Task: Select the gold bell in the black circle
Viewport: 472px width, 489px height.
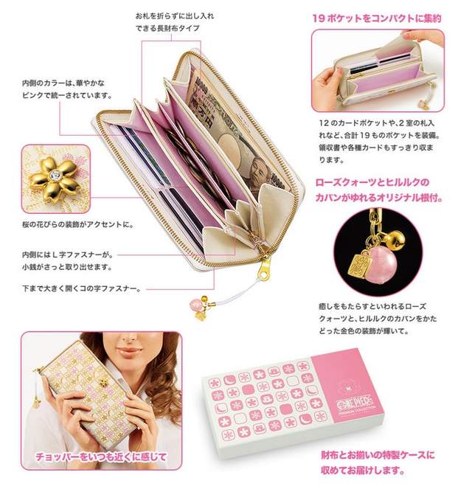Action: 395,238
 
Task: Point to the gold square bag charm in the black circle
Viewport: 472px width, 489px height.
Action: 363,266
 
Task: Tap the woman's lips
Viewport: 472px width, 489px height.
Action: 128,352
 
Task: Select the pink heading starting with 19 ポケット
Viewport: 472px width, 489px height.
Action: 377,18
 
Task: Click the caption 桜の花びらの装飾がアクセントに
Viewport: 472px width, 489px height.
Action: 78,224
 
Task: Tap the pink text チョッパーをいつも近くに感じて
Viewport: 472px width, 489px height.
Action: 101,457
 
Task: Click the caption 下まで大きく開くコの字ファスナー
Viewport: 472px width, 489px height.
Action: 81,288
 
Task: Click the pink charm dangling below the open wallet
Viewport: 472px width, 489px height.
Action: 197,302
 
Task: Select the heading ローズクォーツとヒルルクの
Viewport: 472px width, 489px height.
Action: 372,182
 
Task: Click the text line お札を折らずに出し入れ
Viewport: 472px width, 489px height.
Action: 175,16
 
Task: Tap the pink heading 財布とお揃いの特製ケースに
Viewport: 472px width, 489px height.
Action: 378,454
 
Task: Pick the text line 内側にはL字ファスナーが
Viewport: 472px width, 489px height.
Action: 68,254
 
